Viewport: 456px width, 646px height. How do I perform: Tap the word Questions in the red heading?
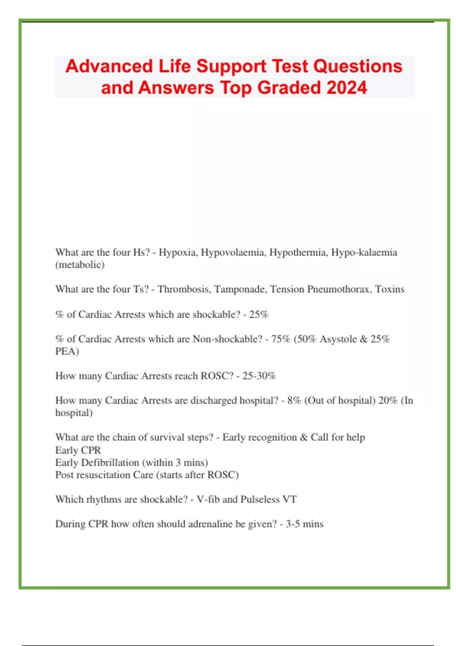358,66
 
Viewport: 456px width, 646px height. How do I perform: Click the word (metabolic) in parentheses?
80,265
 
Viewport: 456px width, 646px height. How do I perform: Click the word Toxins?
389,290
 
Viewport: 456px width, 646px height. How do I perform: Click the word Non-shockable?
227,339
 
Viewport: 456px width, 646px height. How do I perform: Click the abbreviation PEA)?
67,351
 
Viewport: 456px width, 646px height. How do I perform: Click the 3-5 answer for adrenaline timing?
293,524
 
